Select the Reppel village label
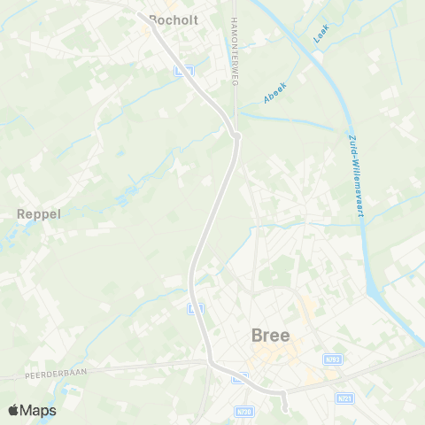[37, 213]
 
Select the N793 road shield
[333, 359]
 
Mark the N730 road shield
[245, 411]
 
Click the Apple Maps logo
[31, 410]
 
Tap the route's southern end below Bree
[285, 408]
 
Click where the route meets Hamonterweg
[236, 135]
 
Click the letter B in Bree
[258, 336]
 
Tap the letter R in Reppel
[21, 213]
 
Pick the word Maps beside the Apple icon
[40, 410]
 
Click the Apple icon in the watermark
[13, 410]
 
